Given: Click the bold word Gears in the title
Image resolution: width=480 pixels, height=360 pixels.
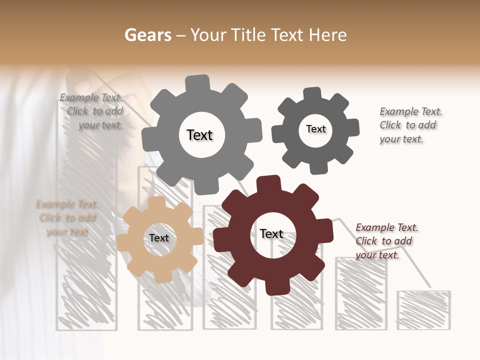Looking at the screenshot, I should pyautogui.click(x=148, y=35).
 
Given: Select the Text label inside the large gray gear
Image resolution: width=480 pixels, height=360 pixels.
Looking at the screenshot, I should pyautogui.click(x=199, y=135).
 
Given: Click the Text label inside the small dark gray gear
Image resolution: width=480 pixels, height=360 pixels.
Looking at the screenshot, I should pyautogui.click(x=315, y=129).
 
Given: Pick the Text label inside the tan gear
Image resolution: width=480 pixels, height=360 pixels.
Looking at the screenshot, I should pyautogui.click(x=159, y=238).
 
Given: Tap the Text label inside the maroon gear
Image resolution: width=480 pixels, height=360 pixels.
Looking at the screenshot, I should pyautogui.click(x=271, y=233).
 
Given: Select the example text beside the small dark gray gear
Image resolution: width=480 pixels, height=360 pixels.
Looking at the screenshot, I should pyautogui.click(x=410, y=125).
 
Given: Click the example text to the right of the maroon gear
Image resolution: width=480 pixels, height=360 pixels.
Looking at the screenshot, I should pyautogui.click(x=386, y=241).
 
